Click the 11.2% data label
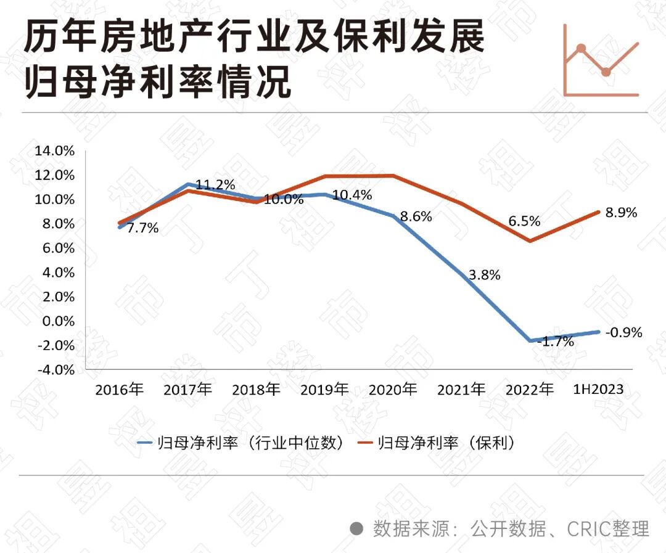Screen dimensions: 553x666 (216, 184)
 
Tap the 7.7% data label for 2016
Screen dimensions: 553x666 (142, 228)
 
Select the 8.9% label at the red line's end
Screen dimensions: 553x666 (621, 213)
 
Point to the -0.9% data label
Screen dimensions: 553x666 (623, 333)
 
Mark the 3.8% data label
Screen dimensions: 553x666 (484, 276)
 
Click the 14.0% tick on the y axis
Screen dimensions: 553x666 (56, 150)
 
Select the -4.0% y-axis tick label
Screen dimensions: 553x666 (56, 370)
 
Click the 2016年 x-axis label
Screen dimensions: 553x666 (119, 390)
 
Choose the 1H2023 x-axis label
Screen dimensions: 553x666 (598, 390)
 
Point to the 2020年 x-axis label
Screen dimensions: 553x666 (392, 390)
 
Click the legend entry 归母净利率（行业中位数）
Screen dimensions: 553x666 (240, 443)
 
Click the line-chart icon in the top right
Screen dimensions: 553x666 (601, 61)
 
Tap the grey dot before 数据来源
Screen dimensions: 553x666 (356, 528)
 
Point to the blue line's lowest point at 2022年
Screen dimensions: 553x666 (530, 340)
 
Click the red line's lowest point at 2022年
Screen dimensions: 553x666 (530, 240)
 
